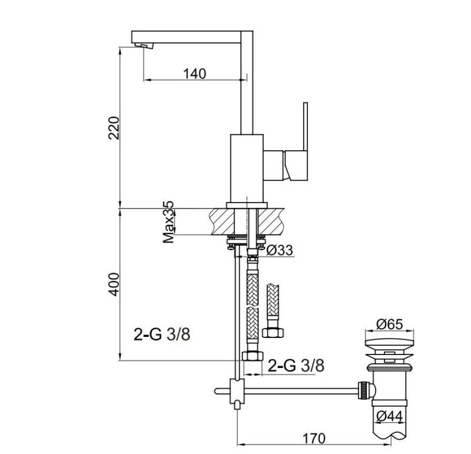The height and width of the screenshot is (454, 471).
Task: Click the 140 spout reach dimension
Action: point(194,74)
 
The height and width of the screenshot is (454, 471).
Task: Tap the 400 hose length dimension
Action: point(114,284)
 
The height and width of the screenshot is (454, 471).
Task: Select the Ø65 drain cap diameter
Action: point(388,324)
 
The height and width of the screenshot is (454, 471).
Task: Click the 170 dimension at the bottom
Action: point(315,439)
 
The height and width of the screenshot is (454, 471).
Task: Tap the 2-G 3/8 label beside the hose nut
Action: point(296,365)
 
